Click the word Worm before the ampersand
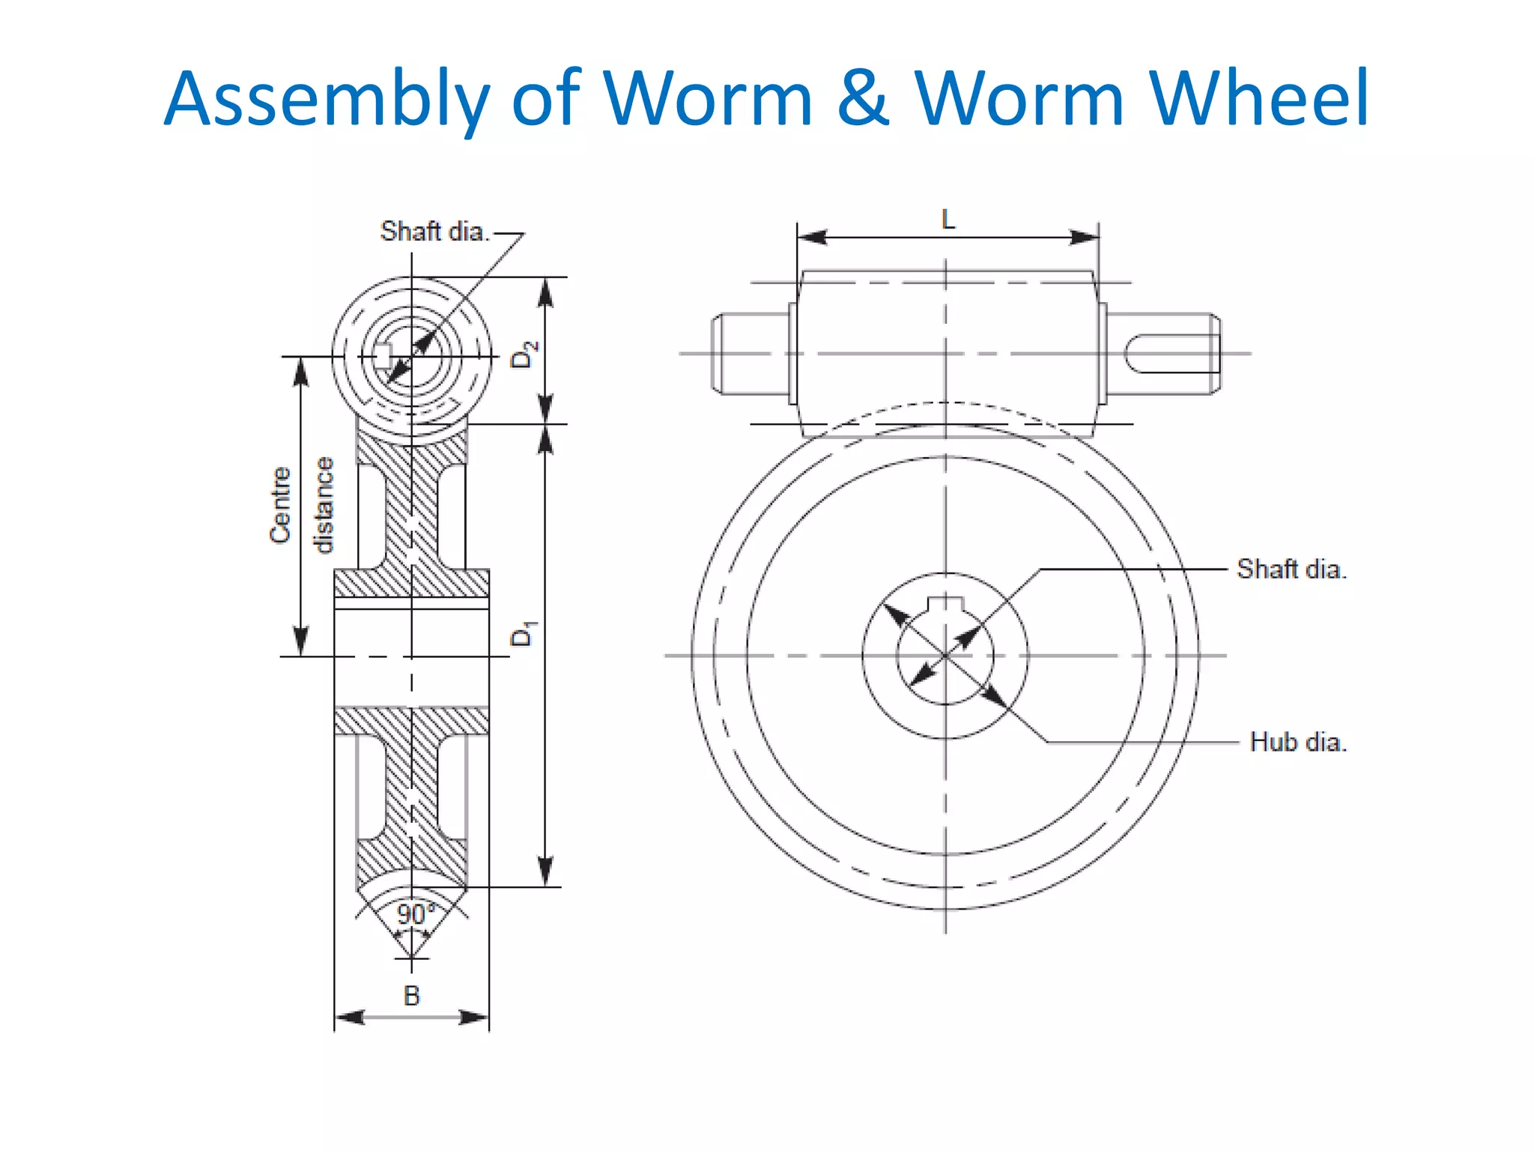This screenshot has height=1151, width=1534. (x=708, y=98)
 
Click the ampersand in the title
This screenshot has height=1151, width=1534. (x=863, y=100)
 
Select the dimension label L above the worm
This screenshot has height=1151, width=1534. (x=948, y=220)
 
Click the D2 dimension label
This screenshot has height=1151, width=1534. (x=524, y=354)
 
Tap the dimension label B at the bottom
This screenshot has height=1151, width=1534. (x=411, y=996)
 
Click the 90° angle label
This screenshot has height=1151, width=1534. (x=414, y=914)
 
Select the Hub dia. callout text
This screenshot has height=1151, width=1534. (x=1298, y=742)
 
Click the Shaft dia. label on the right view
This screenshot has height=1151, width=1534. (x=1291, y=569)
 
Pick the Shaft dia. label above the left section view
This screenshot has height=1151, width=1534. (x=434, y=232)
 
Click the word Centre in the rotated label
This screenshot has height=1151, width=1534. (x=280, y=504)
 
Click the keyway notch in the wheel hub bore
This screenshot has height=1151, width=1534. (x=945, y=604)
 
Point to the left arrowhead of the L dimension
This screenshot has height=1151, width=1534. (x=812, y=238)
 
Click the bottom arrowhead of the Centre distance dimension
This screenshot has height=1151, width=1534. (x=301, y=642)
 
